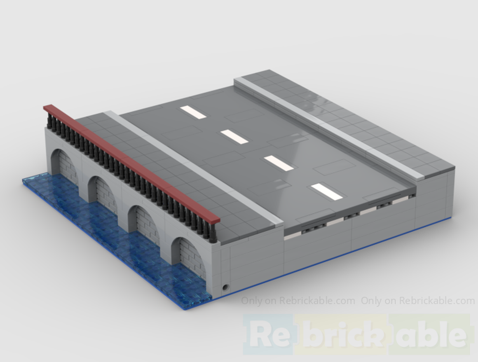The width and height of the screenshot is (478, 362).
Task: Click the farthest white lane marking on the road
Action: click(x=193, y=112)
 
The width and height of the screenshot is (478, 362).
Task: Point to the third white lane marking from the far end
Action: click(x=279, y=163)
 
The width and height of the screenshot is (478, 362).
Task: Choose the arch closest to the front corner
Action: click(x=190, y=257)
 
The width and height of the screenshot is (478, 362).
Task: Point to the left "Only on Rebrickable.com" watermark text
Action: click(x=298, y=301)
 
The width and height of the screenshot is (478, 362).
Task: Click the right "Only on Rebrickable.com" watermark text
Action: click(x=418, y=301)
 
